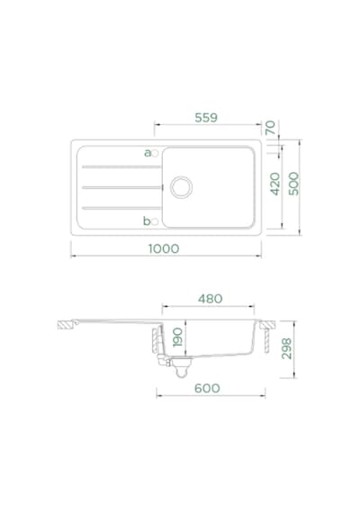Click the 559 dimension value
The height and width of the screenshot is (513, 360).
(206, 118)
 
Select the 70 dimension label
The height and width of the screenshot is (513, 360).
(271, 128)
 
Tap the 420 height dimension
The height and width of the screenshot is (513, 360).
(275, 184)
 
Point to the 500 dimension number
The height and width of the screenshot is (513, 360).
(293, 184)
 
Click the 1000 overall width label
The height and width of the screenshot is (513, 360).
(164, 248)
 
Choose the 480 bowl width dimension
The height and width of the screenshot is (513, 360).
(210, 299)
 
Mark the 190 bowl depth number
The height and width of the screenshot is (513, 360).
(177, 337)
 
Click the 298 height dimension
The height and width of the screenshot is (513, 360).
(287, 349)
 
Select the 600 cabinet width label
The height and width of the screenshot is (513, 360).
(207, 388)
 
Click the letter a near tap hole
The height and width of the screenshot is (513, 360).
(148, 153)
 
